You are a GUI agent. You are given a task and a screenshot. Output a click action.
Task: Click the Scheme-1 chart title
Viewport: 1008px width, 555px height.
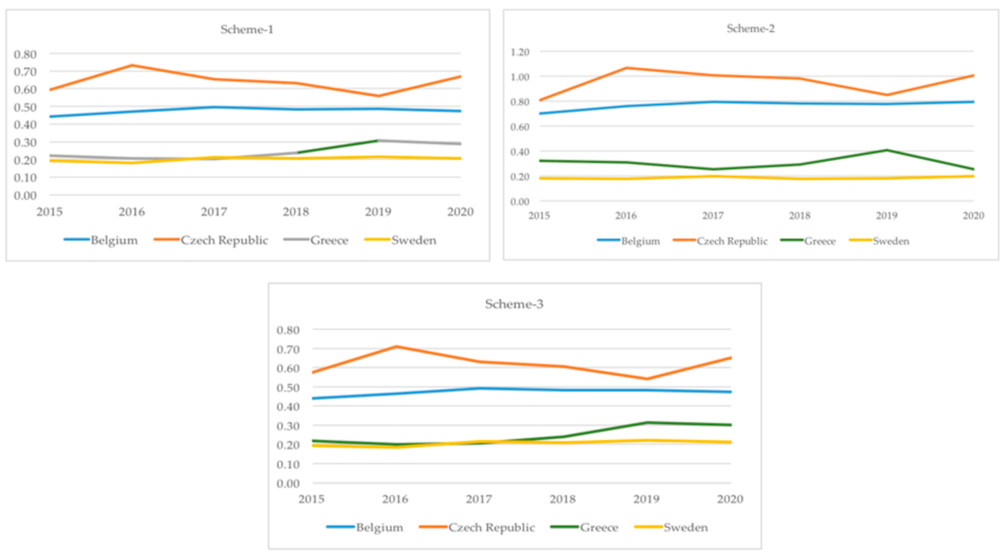click(247, 30)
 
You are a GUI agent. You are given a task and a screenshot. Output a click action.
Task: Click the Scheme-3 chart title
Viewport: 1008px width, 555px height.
click(514, 304)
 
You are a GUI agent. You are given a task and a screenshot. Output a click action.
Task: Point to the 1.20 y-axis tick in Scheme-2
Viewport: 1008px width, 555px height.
click(520, 52)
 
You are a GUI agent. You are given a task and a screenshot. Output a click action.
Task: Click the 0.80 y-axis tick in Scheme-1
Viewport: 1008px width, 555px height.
click(25, 54)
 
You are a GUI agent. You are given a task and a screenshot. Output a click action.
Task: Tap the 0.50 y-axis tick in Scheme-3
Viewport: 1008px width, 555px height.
click(288, 388)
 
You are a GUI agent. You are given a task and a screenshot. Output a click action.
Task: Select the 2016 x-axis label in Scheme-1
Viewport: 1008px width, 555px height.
click(132, 212)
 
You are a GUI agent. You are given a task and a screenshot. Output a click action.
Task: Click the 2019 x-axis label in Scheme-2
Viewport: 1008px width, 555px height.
click(886, 215)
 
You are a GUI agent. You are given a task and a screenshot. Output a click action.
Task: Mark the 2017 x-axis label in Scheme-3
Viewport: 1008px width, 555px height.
click(479, 499)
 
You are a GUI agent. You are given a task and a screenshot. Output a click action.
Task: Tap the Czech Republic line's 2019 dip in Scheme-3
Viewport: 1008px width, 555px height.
click(647, 379)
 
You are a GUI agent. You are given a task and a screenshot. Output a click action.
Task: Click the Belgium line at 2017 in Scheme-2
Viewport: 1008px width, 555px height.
click(713, 102)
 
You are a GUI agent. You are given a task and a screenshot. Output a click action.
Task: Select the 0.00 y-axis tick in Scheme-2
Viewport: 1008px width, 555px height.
click(520, 201)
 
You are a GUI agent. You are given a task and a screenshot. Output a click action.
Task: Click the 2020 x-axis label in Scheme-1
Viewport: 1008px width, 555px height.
click(460, 212)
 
